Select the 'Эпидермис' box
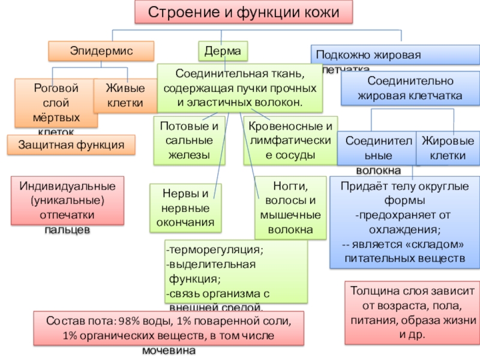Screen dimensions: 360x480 coord(101,51)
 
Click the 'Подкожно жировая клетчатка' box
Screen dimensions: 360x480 coord(395,55)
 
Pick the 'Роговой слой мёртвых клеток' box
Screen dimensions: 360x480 coord(56,103)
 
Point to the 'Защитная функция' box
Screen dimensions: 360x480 coord(71,145)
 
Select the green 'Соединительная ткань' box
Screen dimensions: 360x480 coord(239,88)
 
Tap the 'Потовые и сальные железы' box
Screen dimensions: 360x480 coord(189,140)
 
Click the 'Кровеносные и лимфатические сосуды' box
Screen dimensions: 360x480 coord(290,140)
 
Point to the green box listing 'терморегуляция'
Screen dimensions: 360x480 coord(235,271)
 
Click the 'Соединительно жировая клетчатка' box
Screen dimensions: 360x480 coord(410,88)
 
